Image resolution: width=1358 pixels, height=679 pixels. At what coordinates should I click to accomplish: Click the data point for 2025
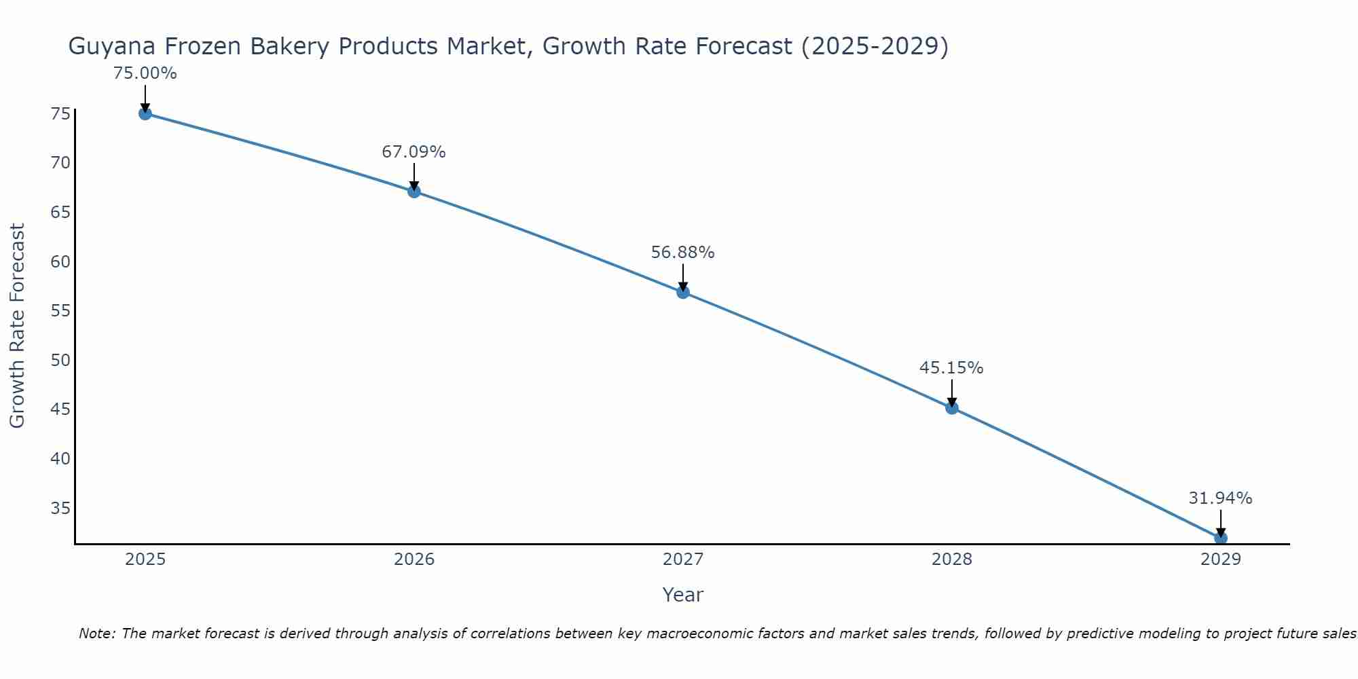[145, 113]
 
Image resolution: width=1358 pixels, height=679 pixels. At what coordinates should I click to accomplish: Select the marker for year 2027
[683, 292]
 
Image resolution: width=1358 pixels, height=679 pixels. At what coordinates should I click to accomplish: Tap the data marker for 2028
[952, 407]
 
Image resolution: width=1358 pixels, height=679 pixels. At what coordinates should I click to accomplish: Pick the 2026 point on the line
[414, 191]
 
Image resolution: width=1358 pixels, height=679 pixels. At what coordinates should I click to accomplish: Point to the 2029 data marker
[1220, 538]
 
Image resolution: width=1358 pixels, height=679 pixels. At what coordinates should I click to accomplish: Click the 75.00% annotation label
[145, 73]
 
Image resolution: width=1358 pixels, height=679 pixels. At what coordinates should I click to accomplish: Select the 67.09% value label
[414, 151]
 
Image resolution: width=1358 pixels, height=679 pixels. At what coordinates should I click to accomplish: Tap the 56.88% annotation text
[682, 253]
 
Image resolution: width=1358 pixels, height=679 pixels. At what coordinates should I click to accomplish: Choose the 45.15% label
[951, 368]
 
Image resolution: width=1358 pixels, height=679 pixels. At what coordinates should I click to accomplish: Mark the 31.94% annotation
[1220, 498]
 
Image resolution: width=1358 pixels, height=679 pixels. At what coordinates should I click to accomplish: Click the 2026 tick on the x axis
[414, 559]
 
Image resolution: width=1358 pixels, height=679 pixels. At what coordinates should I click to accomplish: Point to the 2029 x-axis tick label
[1220, 559]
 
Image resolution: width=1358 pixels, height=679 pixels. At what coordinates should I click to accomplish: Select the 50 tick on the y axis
[60, 360]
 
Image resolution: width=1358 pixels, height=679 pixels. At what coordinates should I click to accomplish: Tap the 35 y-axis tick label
[60, 508]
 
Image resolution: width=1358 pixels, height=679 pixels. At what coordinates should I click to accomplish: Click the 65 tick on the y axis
[60, 212]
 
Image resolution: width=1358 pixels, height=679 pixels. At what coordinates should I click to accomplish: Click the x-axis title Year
[682, 595]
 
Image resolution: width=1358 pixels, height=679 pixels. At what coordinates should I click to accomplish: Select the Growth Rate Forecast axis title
[17, 325]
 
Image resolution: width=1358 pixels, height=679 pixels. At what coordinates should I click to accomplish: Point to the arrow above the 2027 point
[683, 277]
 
